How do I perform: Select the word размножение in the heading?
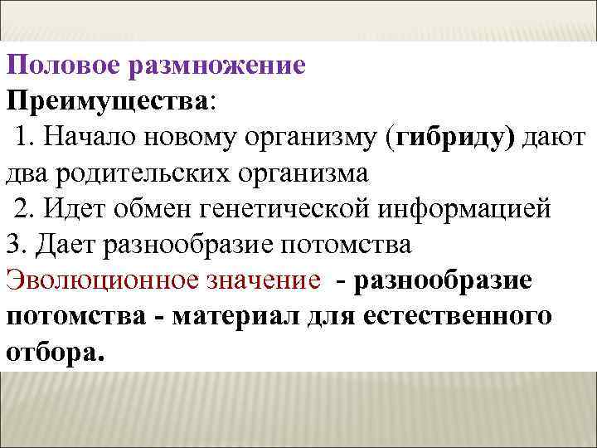(x=217, y=65)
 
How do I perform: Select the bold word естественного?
(x=467, y=316)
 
